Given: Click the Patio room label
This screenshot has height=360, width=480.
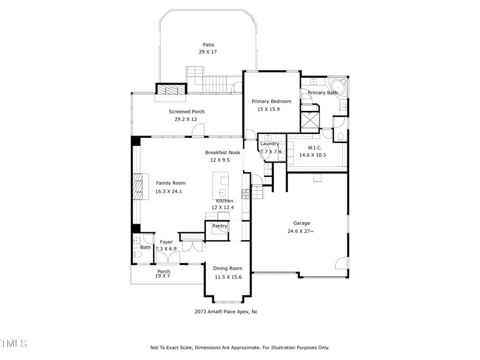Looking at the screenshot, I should tap(208, 45).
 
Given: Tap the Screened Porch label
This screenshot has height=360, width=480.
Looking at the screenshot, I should tap(186, 112).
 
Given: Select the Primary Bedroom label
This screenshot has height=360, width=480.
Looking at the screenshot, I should tap(271, 101).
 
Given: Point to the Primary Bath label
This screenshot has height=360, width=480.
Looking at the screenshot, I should tap(323, 93).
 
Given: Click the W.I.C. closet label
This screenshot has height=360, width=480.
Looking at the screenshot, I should tap(315, 148).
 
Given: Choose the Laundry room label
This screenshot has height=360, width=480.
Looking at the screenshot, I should tap(269, 143).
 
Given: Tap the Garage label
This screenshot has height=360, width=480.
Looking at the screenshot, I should tap(301, 223).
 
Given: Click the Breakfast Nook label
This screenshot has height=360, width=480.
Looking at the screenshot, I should tap(223, 153).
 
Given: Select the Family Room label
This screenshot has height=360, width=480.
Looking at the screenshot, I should tap(171, 183).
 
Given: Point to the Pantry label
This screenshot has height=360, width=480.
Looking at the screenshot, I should tap(219, 226).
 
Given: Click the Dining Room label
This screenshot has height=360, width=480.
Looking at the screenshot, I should tap(228, 268).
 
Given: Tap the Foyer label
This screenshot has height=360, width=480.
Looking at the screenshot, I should tap(166, 242).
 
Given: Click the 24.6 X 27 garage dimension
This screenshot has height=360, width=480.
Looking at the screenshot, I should tap(301, 231).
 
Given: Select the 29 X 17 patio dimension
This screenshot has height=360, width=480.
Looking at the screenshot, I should tap(208, 52).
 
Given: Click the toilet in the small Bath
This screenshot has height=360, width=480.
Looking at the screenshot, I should tap(137, 255).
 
